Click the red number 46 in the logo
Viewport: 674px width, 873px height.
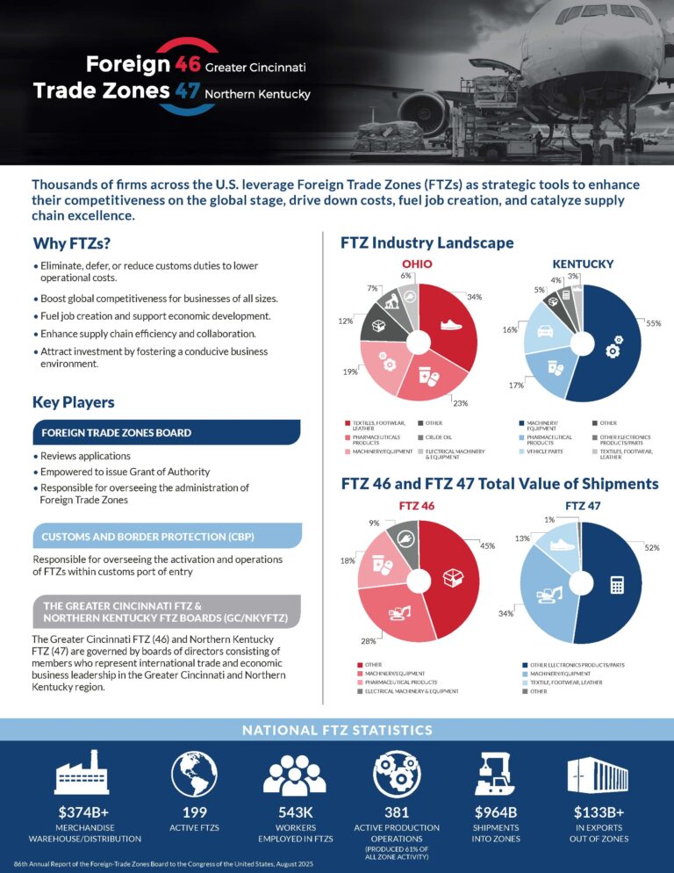point(189,64)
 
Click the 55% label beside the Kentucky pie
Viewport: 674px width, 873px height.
point(653,324)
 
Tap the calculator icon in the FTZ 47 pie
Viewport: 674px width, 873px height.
point(617,583)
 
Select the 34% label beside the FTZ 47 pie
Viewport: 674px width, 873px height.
point(506,614)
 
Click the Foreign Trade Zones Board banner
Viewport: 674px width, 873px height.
point(167,432)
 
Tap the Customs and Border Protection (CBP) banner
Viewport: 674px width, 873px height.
point(167,535)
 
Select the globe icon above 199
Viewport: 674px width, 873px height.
point(195,774)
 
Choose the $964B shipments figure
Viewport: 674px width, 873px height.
point(497,812)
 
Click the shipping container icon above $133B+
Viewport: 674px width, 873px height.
point(597,774)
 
